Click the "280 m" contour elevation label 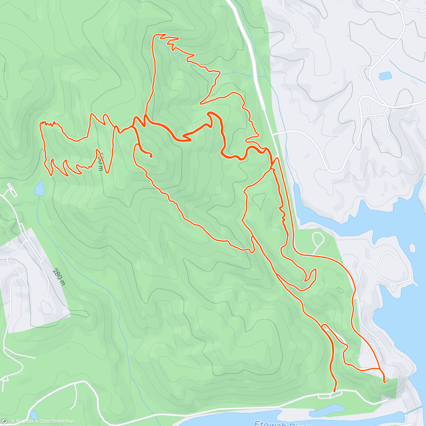(x=59, y=277)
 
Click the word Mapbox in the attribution (x=24, y=421)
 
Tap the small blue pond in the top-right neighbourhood (x=385, y=76)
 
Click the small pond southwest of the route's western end (x=39, y=188)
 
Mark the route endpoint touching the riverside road (x=334, y=390)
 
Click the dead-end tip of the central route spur (x=151, y=157)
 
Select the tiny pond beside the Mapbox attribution (x=33, y=415)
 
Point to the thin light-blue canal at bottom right (x=414, y=410)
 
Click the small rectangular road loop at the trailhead (x=324, y=396)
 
